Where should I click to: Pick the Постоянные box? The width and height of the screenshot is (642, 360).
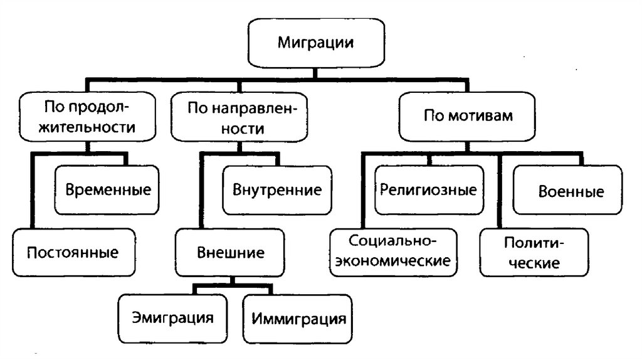coord(73,253)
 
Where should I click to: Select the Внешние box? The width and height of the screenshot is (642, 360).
coord(231,252)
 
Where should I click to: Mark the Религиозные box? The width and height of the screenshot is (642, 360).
coord(428,189)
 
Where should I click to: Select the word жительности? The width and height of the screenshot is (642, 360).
coord(87,127)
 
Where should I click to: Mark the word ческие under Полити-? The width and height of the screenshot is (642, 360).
coord(534,262)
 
